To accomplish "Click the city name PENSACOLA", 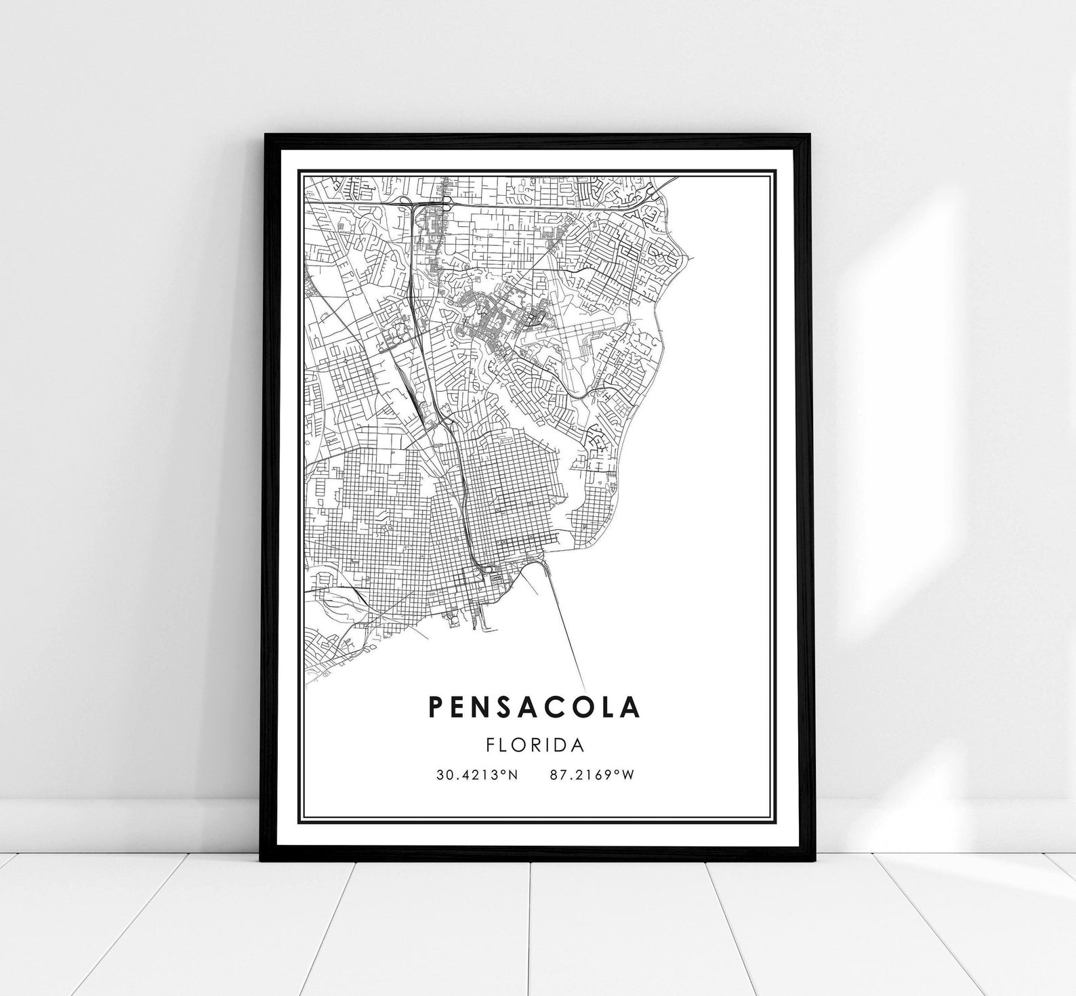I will coord(534,706).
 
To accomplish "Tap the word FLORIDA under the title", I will coord(535,745).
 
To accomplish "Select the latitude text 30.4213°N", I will coord(477,774).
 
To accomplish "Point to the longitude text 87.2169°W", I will coord(592,774).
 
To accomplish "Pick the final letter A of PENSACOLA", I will coord(630,706).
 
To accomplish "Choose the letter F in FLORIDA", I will coord(491,745).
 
